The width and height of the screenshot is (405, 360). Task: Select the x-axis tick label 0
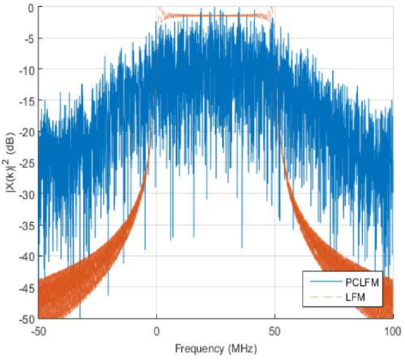pyautogui.click(x=156, y=329)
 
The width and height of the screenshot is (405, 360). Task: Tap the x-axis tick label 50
pyautogui.click(x=274, y=329)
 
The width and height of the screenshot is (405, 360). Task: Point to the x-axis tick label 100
pyautogui.click(x=393, y=329)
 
